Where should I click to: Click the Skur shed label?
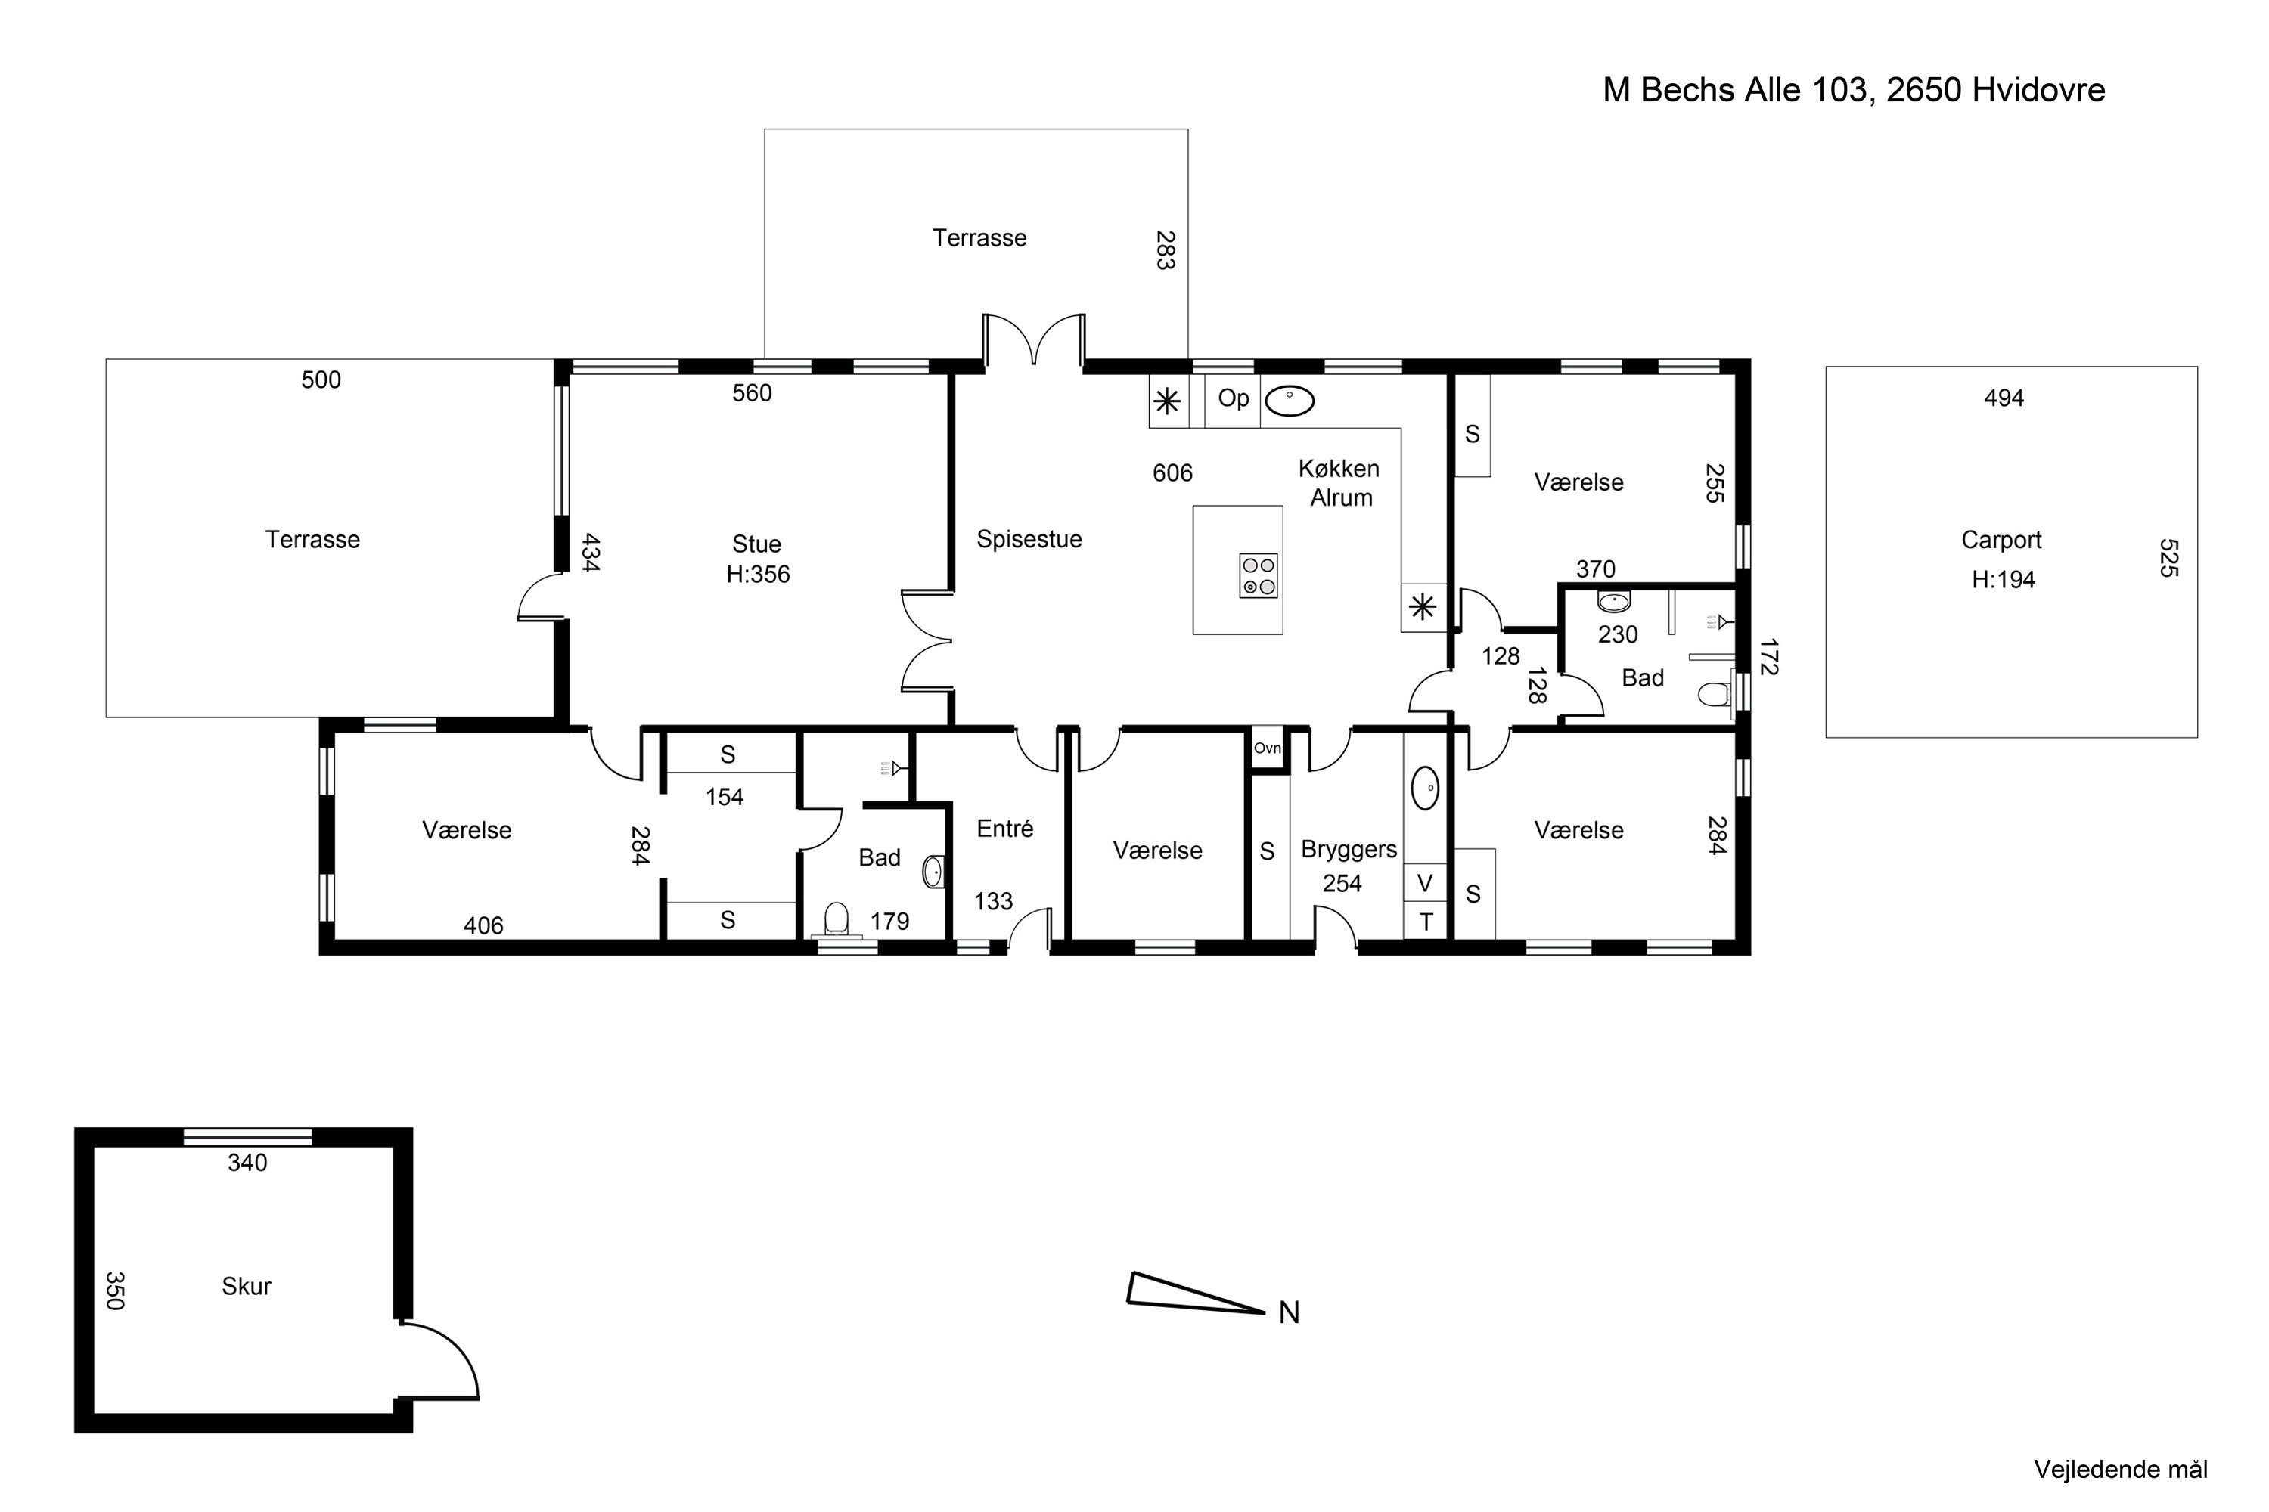pyautogui.click(x=246, y=1287)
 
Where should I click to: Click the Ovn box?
pyautogui.click(x=1268, y=748)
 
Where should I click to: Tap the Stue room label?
pyautogui.click(x=756, y=544)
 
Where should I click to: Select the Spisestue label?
pyautogui.click(x=1029, y=539)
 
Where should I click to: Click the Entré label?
pyautogui.click(x=1004, y=829)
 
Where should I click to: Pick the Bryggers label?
pyautogui.click(x=1349, y=850)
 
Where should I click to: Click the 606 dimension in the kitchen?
pyautogui.click(x=1173, y=472)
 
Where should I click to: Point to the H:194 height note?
pyautogui.click(x=2003, y=580)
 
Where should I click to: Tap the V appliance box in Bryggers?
pyautogui.click(x=1425, y=882)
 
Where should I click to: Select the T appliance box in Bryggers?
pyautogui.click(x=1425, y=921)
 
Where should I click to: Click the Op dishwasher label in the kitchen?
pyautogui.click(x=1233, y=398)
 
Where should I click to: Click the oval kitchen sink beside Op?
pyautogui.click(x=1289, y=400)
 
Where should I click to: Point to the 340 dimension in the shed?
pyautogui.click(x=247, y=1163)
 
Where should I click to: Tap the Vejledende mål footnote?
pyautogui.click(x=2121, y=1470)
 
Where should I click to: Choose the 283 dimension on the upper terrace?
pyautogui.click(x=1166, y=249)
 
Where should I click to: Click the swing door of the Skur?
pyautogui.click(x=441, y=1359)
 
